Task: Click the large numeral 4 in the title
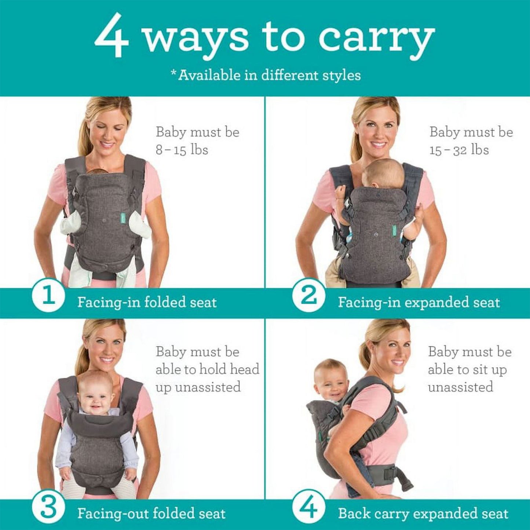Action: pyautogui.click(x=112, y=37)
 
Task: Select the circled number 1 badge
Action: pyautogui.click(x=48, y=296)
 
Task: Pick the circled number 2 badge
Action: pyautogui.click(x=308, y=296)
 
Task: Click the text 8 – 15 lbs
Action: pyautogui.click(x=182, y=150)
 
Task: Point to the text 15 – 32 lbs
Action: pyautogui.click(x=459, y=150)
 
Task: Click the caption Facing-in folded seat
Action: pyautogui.click(x=147, y=303)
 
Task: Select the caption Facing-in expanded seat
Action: pyautogui.click(x=419, y=303)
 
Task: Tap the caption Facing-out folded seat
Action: pyautogui.click(x=151, y=514)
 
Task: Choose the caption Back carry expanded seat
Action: pyautogui.click(x=423, y=514)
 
